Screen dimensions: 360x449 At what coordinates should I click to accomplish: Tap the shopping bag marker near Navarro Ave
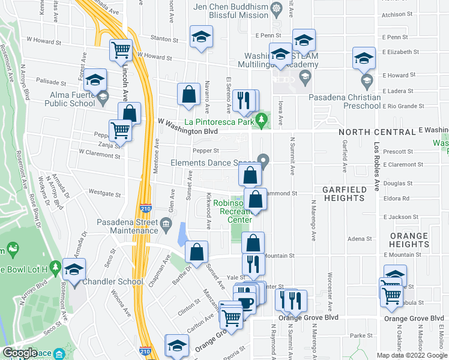point(188,94)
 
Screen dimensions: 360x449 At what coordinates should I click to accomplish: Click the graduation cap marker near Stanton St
point(202,37)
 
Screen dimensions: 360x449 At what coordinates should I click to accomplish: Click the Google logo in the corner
point(20,353)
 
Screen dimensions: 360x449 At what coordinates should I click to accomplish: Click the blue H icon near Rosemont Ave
point(55,265)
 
